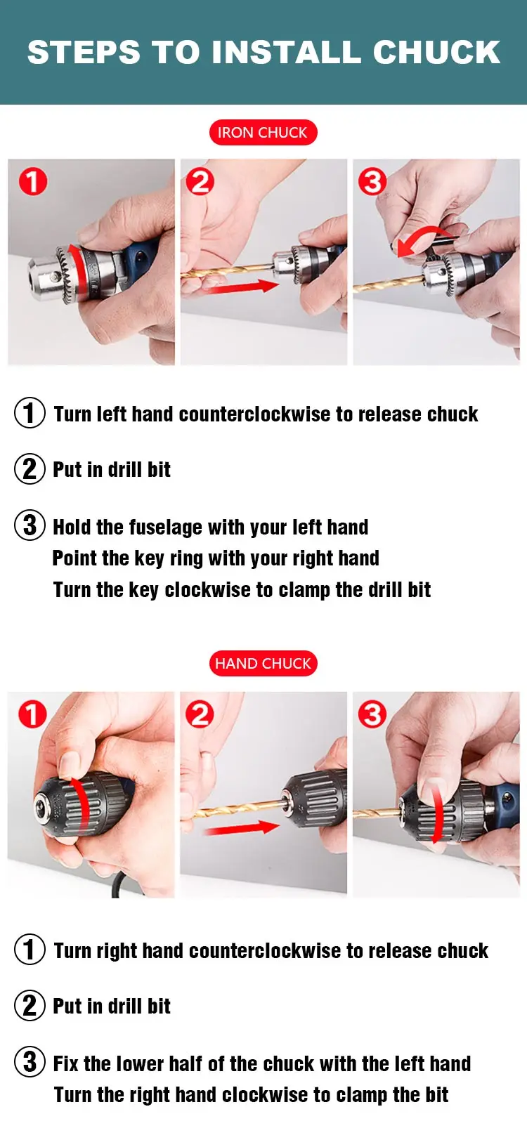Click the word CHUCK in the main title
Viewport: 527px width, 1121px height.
tap(436, 52)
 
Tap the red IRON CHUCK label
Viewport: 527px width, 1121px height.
tap(263, 133)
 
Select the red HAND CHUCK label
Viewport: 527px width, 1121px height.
tap(263, 664)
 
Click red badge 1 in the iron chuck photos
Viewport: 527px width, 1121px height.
tap(33, 181)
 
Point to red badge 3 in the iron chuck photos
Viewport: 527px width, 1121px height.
tap(372, 181)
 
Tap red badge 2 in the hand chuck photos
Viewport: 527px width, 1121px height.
tap(200, 714)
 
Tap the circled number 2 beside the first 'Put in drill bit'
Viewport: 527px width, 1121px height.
tap(30, 469)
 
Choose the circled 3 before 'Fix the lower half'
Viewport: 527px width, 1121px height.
tap(30, 1062)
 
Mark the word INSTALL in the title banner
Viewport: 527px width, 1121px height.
tap(286, 52)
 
